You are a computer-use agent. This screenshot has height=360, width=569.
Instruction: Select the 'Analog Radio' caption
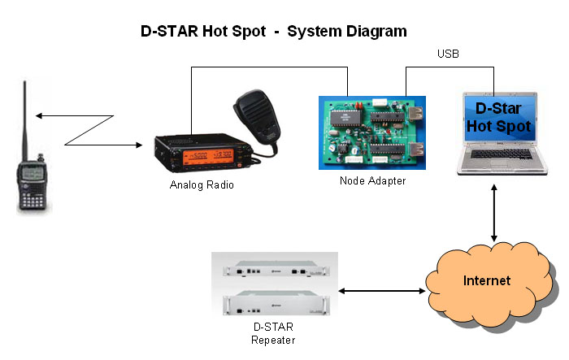(x=202, y=184)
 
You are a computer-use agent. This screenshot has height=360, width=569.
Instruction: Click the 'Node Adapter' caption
(x=372, y=180)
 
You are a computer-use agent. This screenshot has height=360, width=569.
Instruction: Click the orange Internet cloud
(x=487, y=280)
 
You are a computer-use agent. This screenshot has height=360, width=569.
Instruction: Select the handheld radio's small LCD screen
(x=33, y=172)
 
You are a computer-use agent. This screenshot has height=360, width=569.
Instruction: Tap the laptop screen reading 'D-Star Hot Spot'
(x=502, y=119)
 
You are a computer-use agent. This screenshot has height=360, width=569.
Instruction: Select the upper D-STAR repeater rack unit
(x=273, y=269)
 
